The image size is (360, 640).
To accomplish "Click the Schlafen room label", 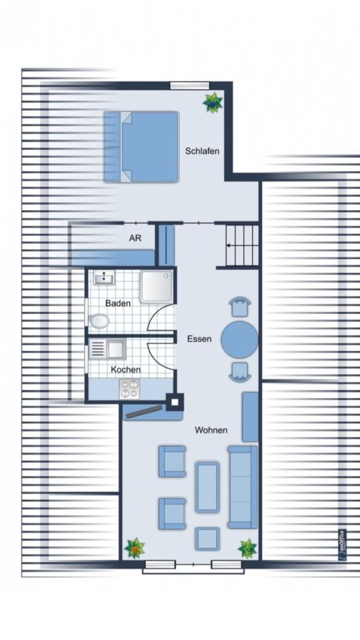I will coord(202,151).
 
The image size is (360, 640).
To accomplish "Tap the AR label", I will coord(135,239).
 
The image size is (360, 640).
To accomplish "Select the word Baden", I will coord(118,303).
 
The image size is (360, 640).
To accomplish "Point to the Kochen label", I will coord(125,369).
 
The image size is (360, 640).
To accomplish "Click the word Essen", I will coord(199,339).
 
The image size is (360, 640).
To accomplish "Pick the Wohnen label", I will coord(211,430).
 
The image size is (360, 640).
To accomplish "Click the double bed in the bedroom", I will coord(141,147).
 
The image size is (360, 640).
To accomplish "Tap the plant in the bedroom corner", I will coord(213,102).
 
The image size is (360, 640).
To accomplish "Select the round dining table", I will coord(239,339).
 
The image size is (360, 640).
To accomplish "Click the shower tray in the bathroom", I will coord(156,287).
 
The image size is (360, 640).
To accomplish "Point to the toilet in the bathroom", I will coord(99,321).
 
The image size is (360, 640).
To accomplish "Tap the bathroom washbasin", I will coord(104,278).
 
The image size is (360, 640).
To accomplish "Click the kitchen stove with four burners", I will coord(129,389).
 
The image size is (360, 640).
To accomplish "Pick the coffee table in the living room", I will coord(207,487).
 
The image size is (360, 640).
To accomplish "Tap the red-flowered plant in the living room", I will coord(135,548).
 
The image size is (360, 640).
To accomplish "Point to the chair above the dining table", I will coord(239,307).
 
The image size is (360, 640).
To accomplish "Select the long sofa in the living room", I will coord(243,487).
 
